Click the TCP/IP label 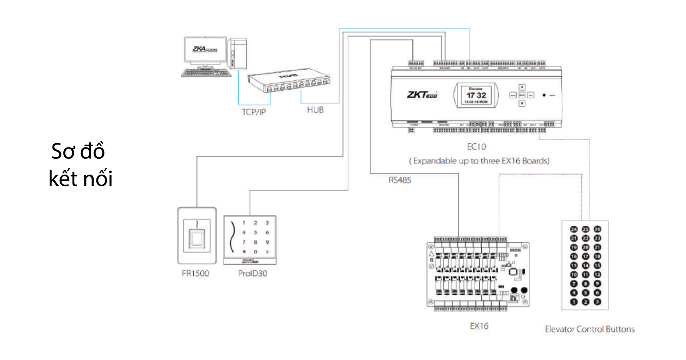pos(254,112)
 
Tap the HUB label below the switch pos(315,110)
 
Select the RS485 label pos(400,180)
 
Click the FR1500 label pos(195,274)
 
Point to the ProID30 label pos(253,274)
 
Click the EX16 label pos(479,326)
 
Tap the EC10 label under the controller pos(476,147)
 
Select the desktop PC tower pos(238,54)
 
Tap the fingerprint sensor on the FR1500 pos(197,238)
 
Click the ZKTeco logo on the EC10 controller pos(422,95)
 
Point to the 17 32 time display pos(476,95)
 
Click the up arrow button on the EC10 pos(522,87)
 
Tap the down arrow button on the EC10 pos(522,104)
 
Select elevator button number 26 pos(597,229)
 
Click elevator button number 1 pos(574,302)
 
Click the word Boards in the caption pos(535,161)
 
